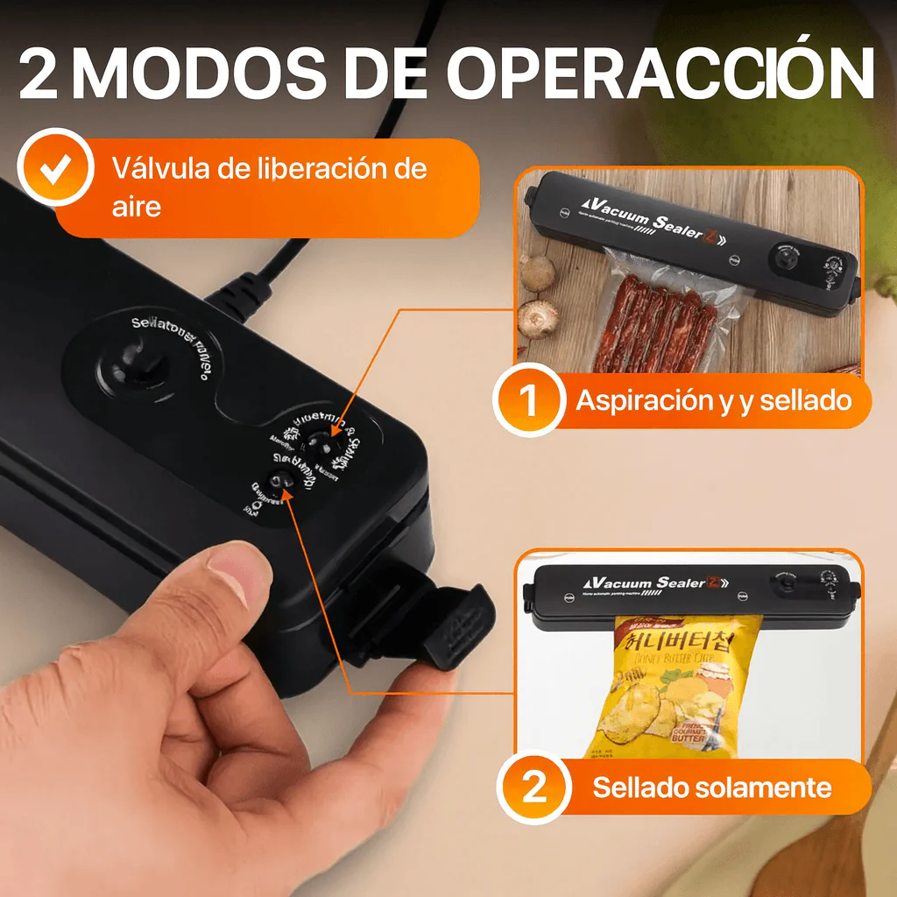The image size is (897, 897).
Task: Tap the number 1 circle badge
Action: click(x=529, y=400)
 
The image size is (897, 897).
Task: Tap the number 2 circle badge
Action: click(x=533, y=788)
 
